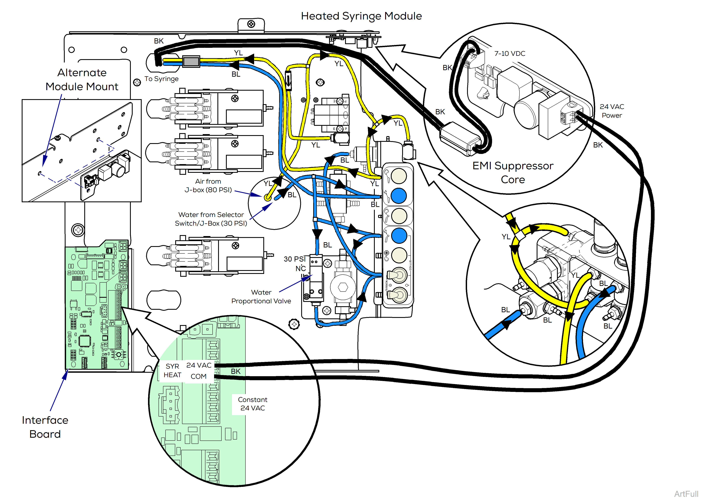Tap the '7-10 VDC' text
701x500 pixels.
pyautogui.click(x=510, y=54)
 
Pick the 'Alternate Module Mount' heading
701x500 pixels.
pyautogui.click(x=82, y=79)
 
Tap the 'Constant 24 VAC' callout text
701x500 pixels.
pyautogui.click(x=252, y=404)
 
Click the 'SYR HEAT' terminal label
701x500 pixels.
pyautogui.click(x=172, y=370)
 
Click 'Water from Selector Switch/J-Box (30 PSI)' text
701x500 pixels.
pyautogui.click(x=211, y=219)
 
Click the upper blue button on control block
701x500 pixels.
pyautogui.click(x=399, y=196)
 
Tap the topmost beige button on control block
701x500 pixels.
pyautogui.click(x=399, y=176)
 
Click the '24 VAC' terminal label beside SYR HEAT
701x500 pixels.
pyautogui.click(x=199, y=365)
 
